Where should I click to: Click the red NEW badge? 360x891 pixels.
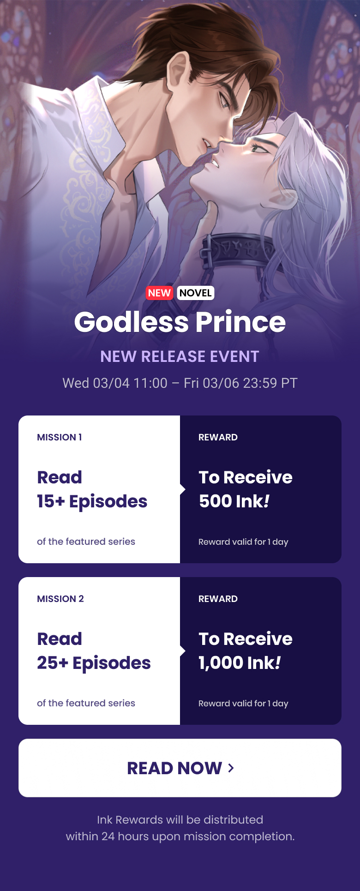(159, 293)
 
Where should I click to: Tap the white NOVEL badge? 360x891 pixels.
(196, 293)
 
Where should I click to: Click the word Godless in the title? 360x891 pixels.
(131, 322)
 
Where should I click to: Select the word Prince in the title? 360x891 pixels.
(240, 322)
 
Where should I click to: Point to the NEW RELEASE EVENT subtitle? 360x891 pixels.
(180, 356)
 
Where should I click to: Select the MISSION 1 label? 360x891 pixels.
(60, 437)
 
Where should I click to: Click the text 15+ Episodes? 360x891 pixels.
(92, 501)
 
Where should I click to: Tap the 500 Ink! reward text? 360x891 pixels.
(234, 501)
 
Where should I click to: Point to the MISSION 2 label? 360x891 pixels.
(60, 599)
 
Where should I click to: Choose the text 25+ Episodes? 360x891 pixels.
(94, 663)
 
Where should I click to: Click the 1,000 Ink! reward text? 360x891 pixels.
(240, 663)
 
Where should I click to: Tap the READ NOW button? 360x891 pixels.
(180, 768)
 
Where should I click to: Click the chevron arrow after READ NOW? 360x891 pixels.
(231, 768)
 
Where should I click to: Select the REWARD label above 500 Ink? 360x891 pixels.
(218, 437)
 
